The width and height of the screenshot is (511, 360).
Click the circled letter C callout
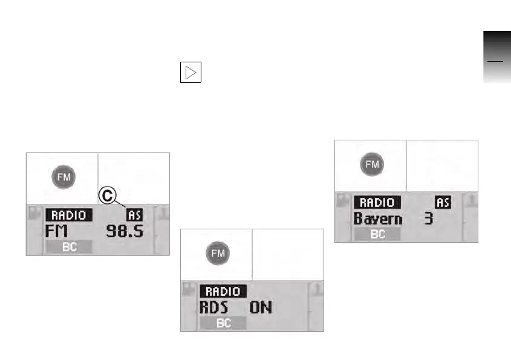pyautogui.click(x=107, y=195)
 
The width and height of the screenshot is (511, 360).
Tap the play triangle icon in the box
pyautogui.click(x=190, y=73)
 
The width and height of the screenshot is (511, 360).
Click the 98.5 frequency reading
pyautogui.click(x=125, y=231)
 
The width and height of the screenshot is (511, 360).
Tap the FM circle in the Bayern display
pyautogui.click(x=372, y=164)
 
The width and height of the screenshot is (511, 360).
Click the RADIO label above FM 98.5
pyautogui.click(x=70, y=215)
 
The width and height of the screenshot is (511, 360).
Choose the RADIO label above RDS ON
pyautogui.click(x=223, y=292)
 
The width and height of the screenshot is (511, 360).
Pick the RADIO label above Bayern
pyautogui.click(x=377, y=203)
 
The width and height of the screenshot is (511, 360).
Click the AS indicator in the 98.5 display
pyautogui.click(x=134, y=215)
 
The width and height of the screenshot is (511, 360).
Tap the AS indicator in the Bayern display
pyautogui.click(x=443, y=203)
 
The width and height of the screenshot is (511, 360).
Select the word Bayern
pyautogui.click(x=378, y=218)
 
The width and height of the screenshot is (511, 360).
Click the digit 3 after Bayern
pyautogui.click(x=429, y=218)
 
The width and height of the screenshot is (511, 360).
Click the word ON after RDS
pyautogui.click(x=261, y=307)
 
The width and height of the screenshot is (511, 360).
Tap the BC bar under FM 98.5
pyautogui.click(x=69, y=247)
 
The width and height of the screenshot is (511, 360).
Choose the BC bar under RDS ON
pyautogui.click(x=223, y=324)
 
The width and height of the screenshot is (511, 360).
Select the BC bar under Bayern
pyautogui.click(x=377, y=235)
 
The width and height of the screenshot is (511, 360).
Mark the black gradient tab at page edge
pyautogui.click(x=496, y=58)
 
